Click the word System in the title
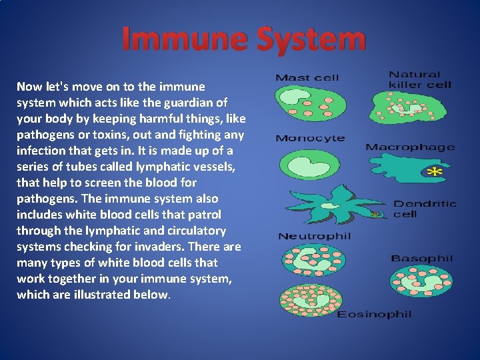pyautogui.click(x=309, y=39)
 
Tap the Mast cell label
pyautogui.click(x=307, y=78)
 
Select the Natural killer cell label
pyautogui.click(x=420, y=79)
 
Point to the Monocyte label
pyautogui.click(x=310, y=139)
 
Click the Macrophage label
pyautogui.click(x=410, y=147)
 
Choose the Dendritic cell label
pyautogui.click(x=425, y=209)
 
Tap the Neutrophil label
pyautogui.click(x=314, y=236)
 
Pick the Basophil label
pyautogui.click(x=421, y=259)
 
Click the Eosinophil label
pyautogui.click(x=374, y=314)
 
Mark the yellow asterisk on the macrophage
pyautogui.click(x=434, y=173)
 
